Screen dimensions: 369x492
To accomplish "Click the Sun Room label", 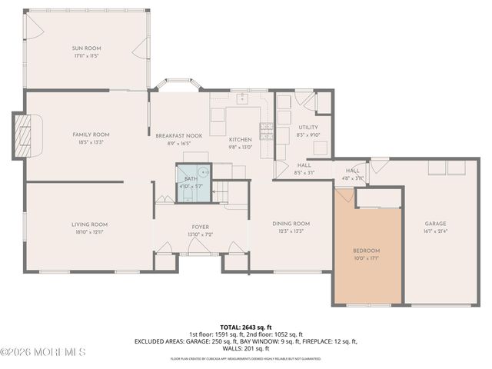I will (x=87, y=48).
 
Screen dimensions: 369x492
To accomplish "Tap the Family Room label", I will (x=90, y=134).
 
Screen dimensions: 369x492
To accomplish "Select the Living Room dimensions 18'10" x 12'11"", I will (x=90, y=231).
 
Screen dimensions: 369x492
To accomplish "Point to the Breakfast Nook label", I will (x=178, y=135).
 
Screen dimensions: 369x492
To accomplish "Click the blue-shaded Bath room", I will (x=192, y=183).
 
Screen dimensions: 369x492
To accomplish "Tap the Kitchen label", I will (x=240, y=139).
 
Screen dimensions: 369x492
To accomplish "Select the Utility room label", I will (x=308, y=127).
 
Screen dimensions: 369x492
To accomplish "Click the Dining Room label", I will (x=291, y=223).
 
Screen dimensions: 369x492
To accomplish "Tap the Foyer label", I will (x=201, y=226).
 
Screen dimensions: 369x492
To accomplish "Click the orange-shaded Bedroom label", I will (x=366, y=251).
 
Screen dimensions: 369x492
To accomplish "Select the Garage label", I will (x=436, y=224).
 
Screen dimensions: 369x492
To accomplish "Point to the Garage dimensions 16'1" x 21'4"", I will (x=436, y=231).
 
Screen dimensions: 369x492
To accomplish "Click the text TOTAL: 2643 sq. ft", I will (x=245, y=326).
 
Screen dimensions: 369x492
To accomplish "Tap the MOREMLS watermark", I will (x=43, y=352).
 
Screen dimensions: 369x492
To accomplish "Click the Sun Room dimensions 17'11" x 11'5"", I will (x=87, y=56).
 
